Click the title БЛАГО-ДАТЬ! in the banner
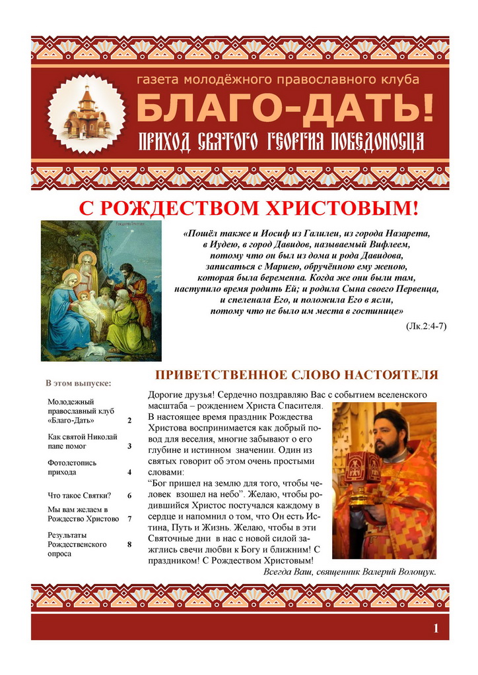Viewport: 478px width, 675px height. [x=285, y=108]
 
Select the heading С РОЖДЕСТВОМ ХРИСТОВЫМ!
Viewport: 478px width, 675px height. [x=249, y=208]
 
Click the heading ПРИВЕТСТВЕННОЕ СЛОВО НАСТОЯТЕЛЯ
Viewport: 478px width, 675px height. [x=296, y=375]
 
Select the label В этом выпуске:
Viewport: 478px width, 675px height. [x=78, y=383]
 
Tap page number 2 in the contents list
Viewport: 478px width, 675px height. [x=129, y=421]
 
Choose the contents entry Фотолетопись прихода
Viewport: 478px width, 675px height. [x=72, y=467]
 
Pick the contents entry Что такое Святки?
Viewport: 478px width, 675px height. [x=79, y=496]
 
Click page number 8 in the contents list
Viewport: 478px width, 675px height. [x=129, y=544]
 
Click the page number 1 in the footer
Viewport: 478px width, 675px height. [x=436, y=628]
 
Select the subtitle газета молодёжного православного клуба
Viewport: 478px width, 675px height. [x=277, y=80]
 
